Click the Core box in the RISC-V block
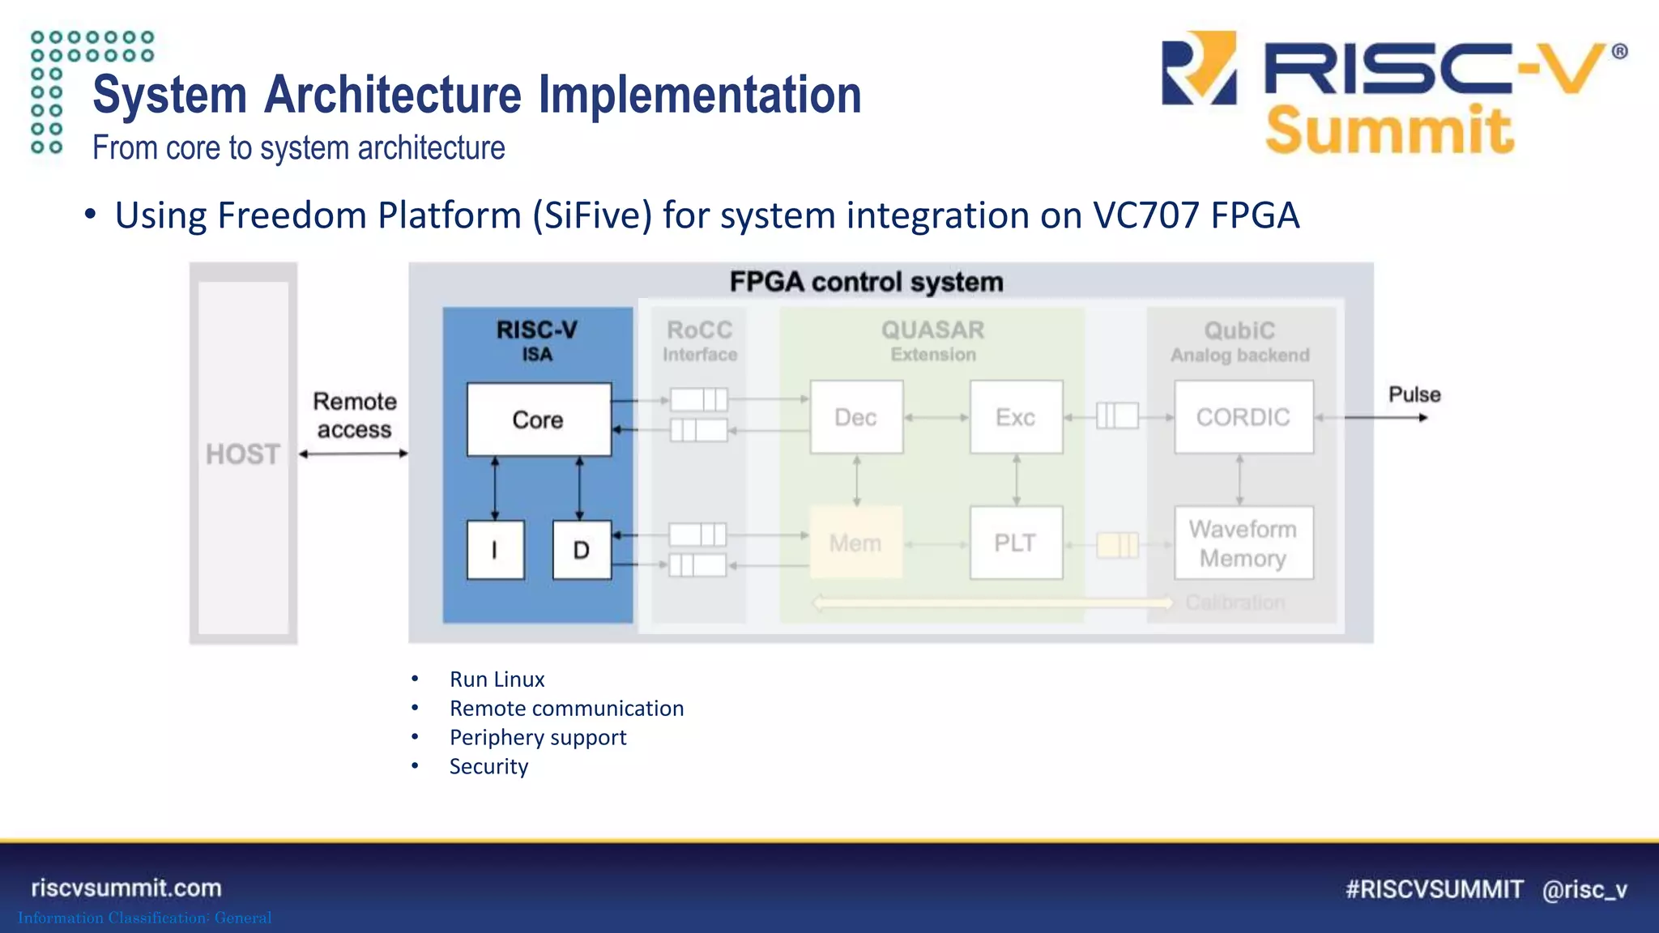click(x=539, y=420)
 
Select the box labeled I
click(x=495, y=550)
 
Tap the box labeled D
click(x=582, y=550)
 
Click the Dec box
click(x=856, y=417)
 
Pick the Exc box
click(x=1016, y=417)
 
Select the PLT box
click(x=1016, y=543)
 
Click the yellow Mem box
click(x=855, y=543)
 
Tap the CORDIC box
click(x=1243, y=417)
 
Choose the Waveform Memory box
click(x=1243, y=543)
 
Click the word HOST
click(x=243, y=454)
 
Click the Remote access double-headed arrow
click(x=354, y=454)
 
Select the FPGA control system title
click(x=866, y=282)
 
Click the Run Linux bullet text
click(x=497, y=680)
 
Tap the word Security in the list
click(x=488, y=767)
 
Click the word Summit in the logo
click(x=1388, y=130)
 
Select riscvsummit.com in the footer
click(x=126, y=888)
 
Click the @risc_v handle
click(x=1584, y=889)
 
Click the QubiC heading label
click(x=1239, y=330)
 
